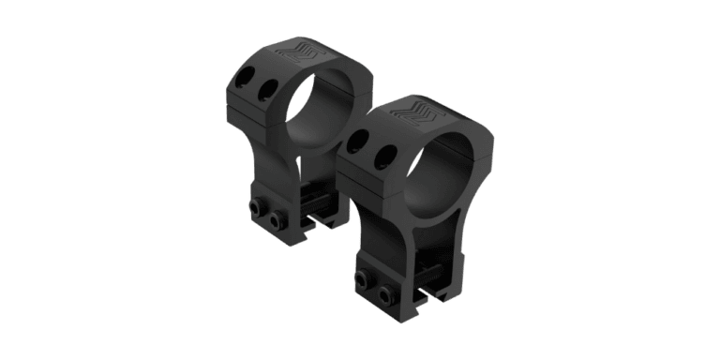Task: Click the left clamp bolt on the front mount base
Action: tap(361, 278)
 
